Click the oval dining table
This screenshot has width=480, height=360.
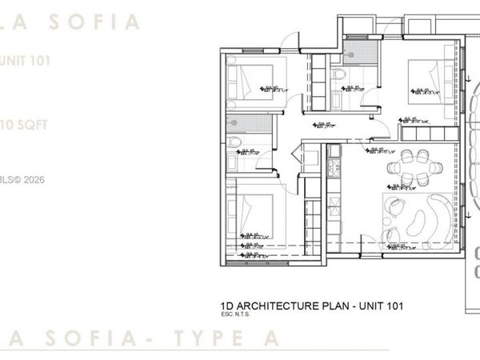(x=408, y=167)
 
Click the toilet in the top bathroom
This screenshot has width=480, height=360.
(x=339, y=74)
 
